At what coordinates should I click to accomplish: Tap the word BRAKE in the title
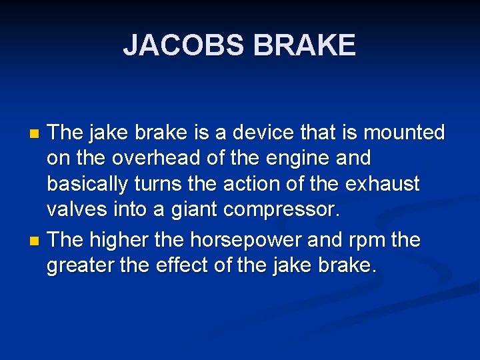(304, 45)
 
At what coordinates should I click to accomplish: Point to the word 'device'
(271, 133)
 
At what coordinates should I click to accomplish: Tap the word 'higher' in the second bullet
(121, 240)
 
